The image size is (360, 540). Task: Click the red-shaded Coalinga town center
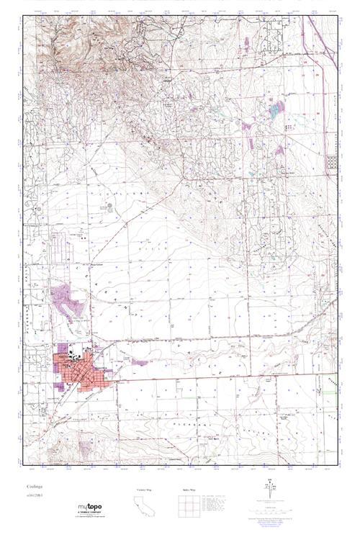[85, 366]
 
